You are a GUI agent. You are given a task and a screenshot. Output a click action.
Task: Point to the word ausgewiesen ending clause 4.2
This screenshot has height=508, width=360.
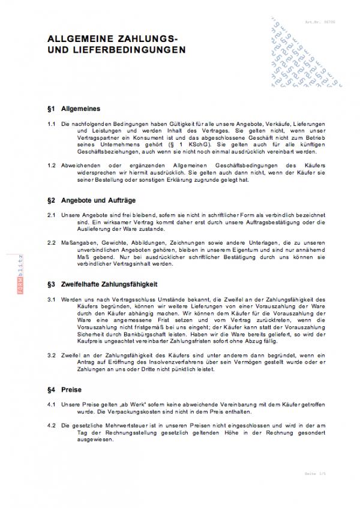point(78,440)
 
